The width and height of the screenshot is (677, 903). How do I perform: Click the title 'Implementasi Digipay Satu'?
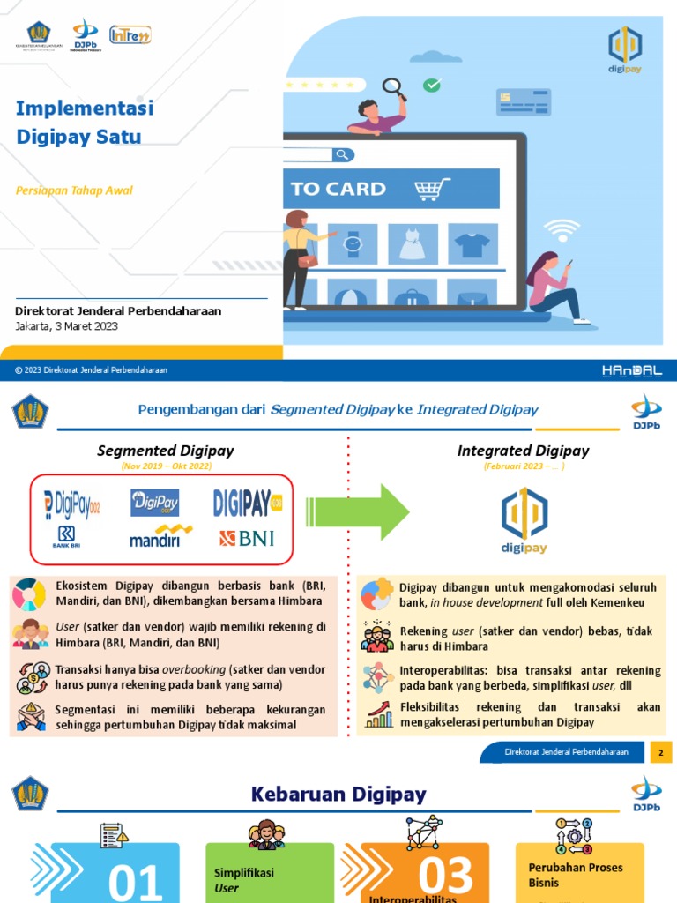tap(85, 122)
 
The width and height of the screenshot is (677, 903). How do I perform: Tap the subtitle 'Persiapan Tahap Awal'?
tap(74, 190)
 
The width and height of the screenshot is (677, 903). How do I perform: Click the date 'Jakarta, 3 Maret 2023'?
tap(66, 325)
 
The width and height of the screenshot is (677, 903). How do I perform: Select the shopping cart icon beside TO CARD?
tap(431, 189)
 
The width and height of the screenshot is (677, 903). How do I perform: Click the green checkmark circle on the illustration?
tap(431, 86)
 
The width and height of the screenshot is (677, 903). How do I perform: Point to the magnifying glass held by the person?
tap(393, 87)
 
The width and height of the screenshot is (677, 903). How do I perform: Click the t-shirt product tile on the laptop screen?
tap(472, 243)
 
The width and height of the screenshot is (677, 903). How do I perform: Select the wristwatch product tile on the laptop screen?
tap(353, 243)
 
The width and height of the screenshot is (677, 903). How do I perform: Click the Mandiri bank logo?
tap(160, 536)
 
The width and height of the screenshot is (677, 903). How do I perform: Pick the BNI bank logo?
tap(247, 537)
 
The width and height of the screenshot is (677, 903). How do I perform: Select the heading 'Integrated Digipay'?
tap(523, 451)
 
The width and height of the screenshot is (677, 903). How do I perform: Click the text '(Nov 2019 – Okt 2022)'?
tap(154, 466)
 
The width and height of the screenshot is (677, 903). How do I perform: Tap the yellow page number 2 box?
tap(660, 752)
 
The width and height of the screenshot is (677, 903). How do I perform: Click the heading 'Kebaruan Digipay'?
tap(338, 795)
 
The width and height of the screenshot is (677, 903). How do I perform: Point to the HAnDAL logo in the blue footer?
tap(632, 370)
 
